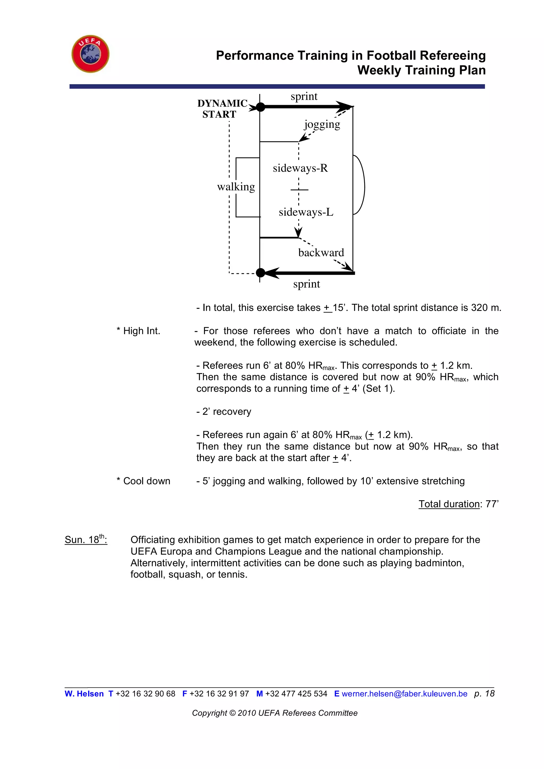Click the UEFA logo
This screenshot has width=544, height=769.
(91, 54)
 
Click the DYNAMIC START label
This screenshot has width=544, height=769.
(221, 109)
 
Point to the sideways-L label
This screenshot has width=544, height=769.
(306, 212)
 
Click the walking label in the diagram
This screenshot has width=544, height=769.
(236, 187)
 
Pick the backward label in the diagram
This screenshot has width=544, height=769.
(321, 253)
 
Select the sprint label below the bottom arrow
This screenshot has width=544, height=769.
(306, 284)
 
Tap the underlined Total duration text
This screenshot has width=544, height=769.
(449, 504)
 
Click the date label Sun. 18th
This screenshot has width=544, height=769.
(86, 539)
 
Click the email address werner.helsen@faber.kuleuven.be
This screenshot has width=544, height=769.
(404, 694)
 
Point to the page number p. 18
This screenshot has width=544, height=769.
(484, 694)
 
